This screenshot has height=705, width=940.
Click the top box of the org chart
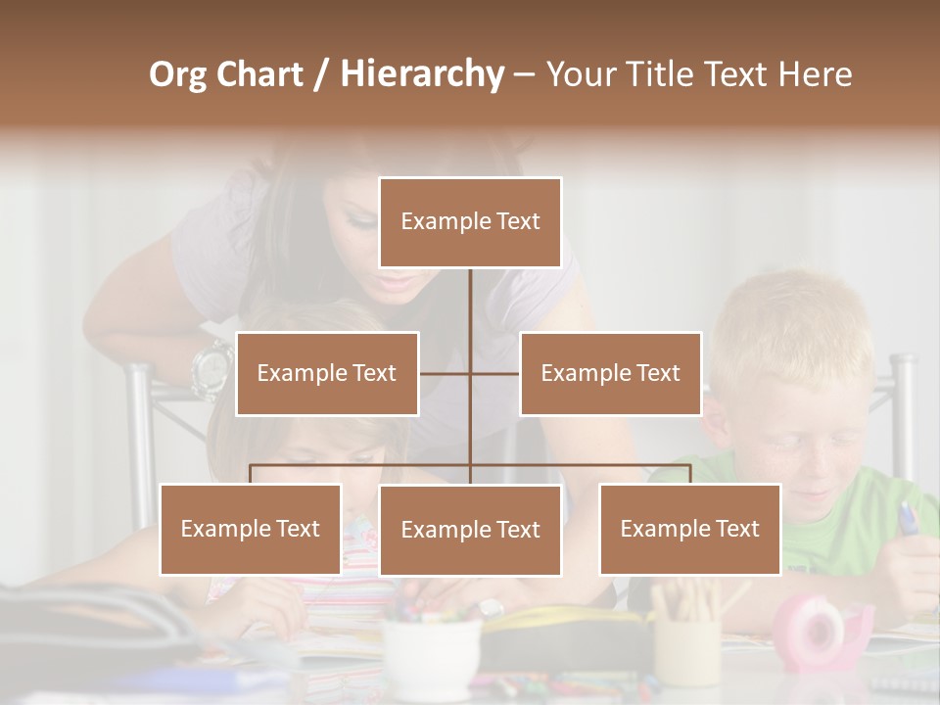[x=470, y=222]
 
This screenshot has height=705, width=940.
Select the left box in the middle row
[x=327, y=373]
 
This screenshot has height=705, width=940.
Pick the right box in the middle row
[x=610, y=373]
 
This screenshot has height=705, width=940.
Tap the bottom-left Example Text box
[x=251, y=529]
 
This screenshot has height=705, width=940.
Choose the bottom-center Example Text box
[x=470, y=530]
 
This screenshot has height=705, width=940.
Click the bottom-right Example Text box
[x=689, y=529]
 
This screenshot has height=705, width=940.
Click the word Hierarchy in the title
[x=422, y=73]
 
